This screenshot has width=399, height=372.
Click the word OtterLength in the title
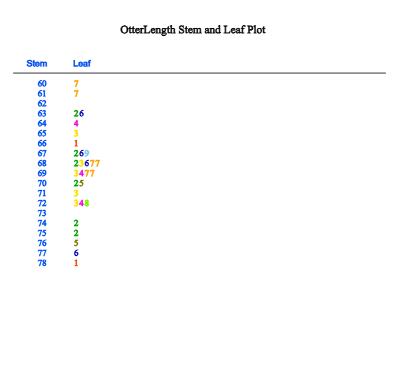coord(148,30)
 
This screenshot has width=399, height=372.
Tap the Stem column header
coord(37,63)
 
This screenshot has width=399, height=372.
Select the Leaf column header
coord(82,63)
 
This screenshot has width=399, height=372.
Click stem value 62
coord(42,104)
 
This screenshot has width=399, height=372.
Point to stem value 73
coord(42,213)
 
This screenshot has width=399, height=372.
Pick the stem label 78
coord(42,263)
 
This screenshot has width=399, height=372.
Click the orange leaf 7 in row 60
coord(76,84)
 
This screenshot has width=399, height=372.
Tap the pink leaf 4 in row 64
coord(76,124)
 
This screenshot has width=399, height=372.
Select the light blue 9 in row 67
coord(86,153)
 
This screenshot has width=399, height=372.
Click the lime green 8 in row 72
coord(86,203)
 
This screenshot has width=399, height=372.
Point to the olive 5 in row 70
coord(81,183)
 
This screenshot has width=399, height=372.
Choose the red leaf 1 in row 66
coord(76,143)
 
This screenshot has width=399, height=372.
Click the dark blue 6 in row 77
coord(76,253)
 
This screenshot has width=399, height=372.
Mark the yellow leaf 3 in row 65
coord(76,134)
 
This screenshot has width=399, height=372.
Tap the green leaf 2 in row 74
coord(76,223)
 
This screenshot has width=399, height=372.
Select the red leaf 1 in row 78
coord(76,263)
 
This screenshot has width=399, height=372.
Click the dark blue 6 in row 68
coord(86,163)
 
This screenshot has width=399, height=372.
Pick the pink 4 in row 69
coord(81,173)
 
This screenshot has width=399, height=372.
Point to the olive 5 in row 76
coord(76,243)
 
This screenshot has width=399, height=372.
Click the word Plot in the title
coord(256,30)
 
